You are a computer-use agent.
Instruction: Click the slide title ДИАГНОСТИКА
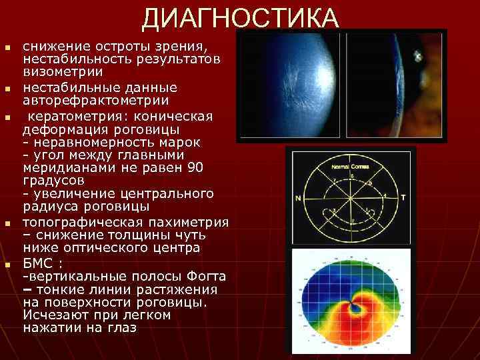tap(240, 18)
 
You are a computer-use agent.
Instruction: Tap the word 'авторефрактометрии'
tap(96, 101)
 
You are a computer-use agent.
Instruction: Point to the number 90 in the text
tap(195, 167)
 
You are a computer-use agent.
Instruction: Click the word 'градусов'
tap(53, 180)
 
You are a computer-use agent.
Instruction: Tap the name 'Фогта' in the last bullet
tap(205, 276)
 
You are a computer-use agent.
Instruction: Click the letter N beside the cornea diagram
tap(297, 199)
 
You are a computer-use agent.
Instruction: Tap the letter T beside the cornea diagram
tap(403, 198)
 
